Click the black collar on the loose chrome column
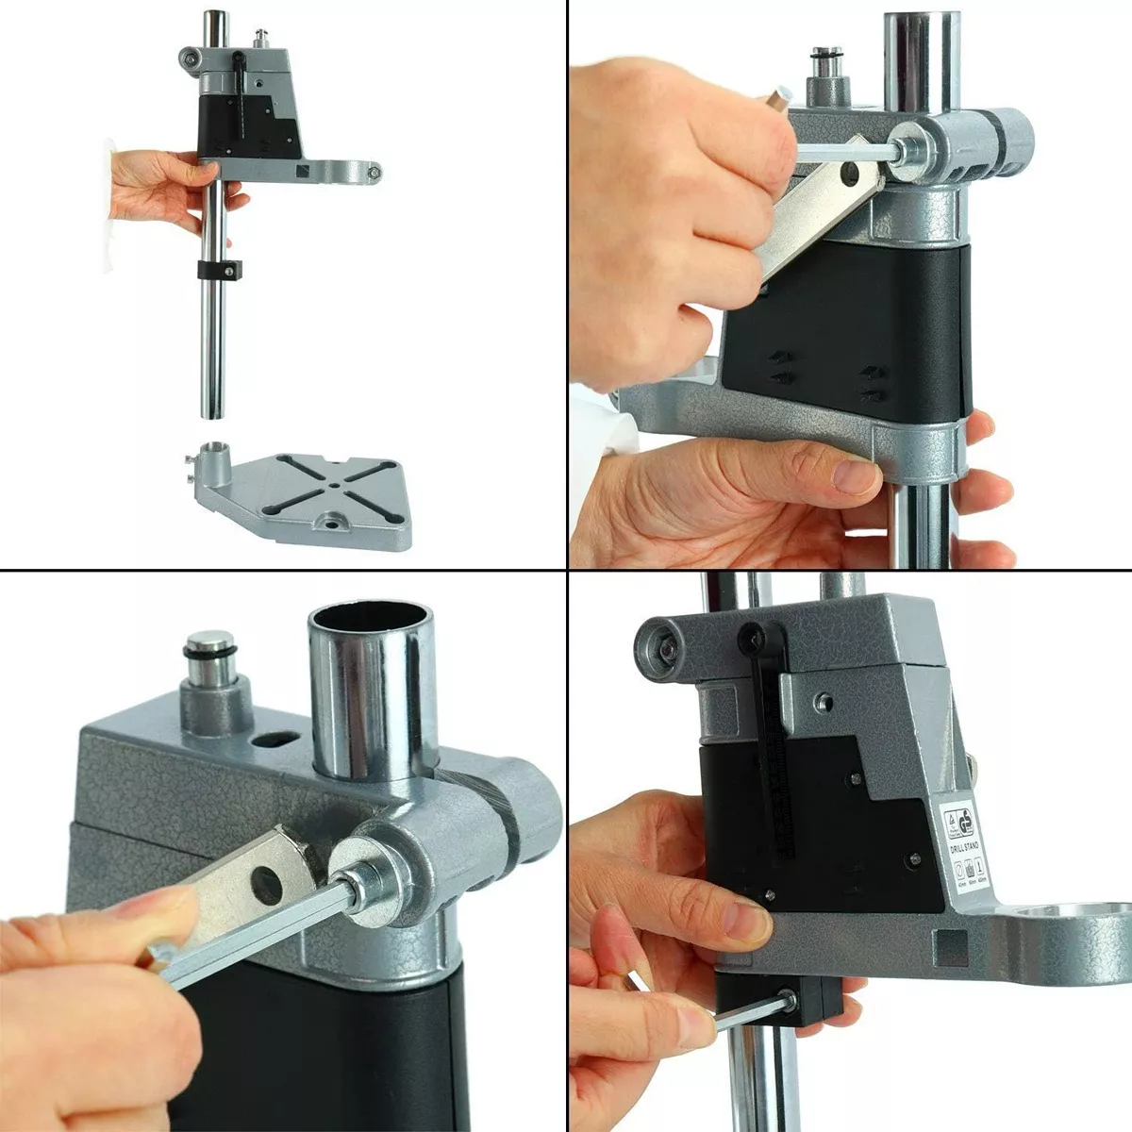(x=221, y=270)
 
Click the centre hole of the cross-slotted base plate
(x=334, y=487)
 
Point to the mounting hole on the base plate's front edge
(x=333, y=520)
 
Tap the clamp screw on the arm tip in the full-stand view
(x=375, y=173)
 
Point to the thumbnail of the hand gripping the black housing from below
(x=855, y=476)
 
